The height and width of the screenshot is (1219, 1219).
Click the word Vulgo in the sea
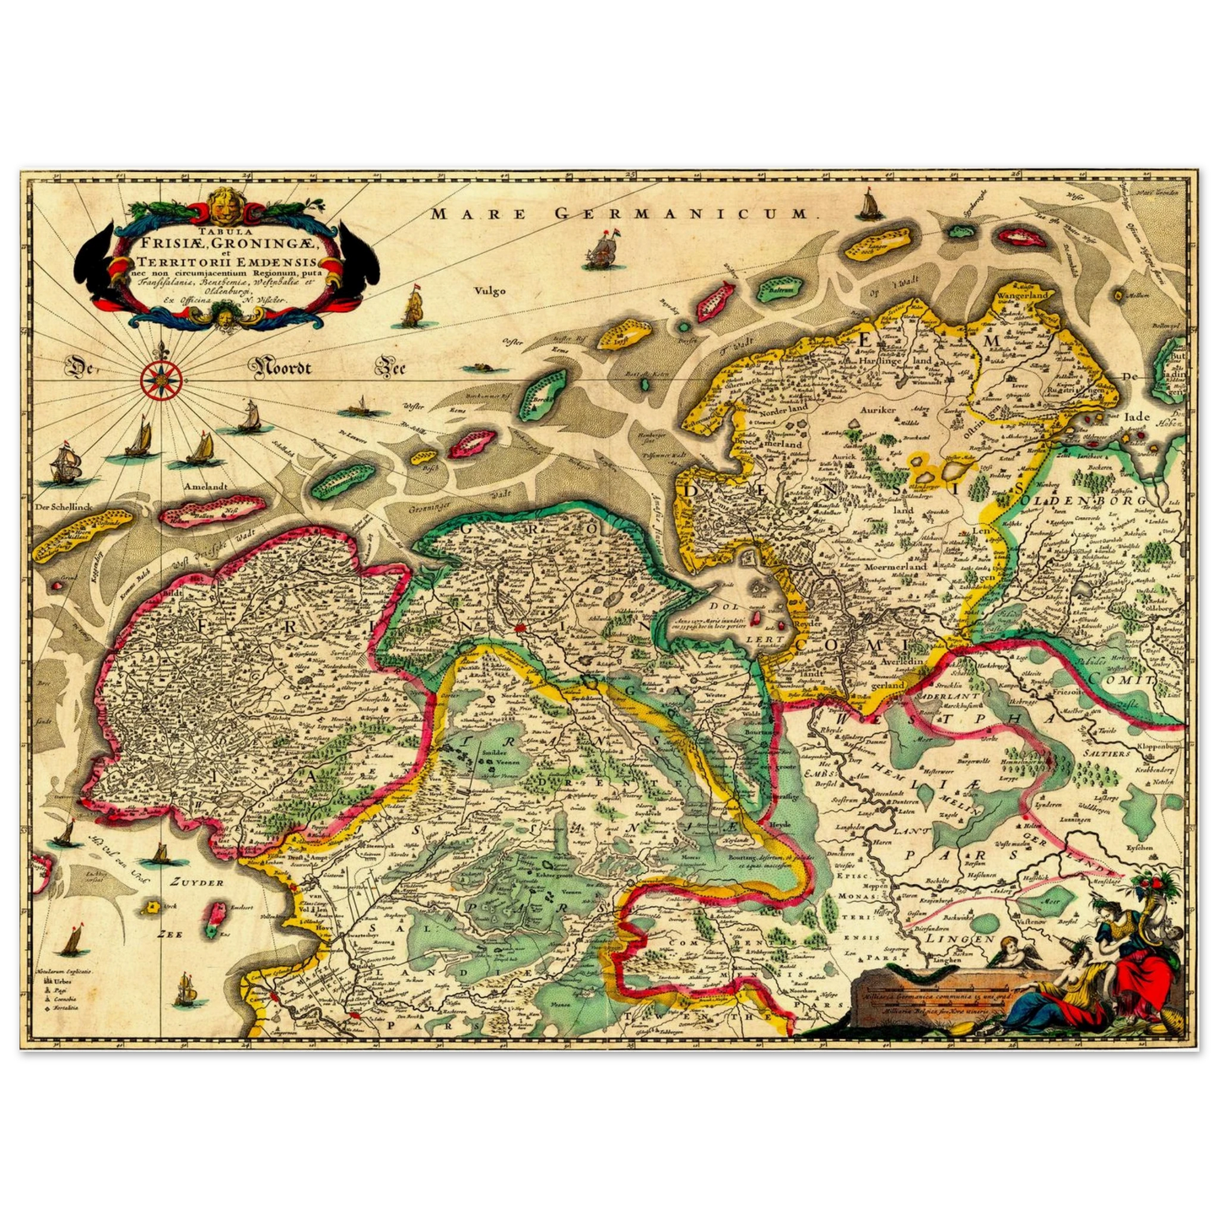(x=489, y=291)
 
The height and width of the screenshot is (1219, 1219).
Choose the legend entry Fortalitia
(x=69, y=1010)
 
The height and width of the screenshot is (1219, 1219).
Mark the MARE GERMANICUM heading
(x=620, y=214)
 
